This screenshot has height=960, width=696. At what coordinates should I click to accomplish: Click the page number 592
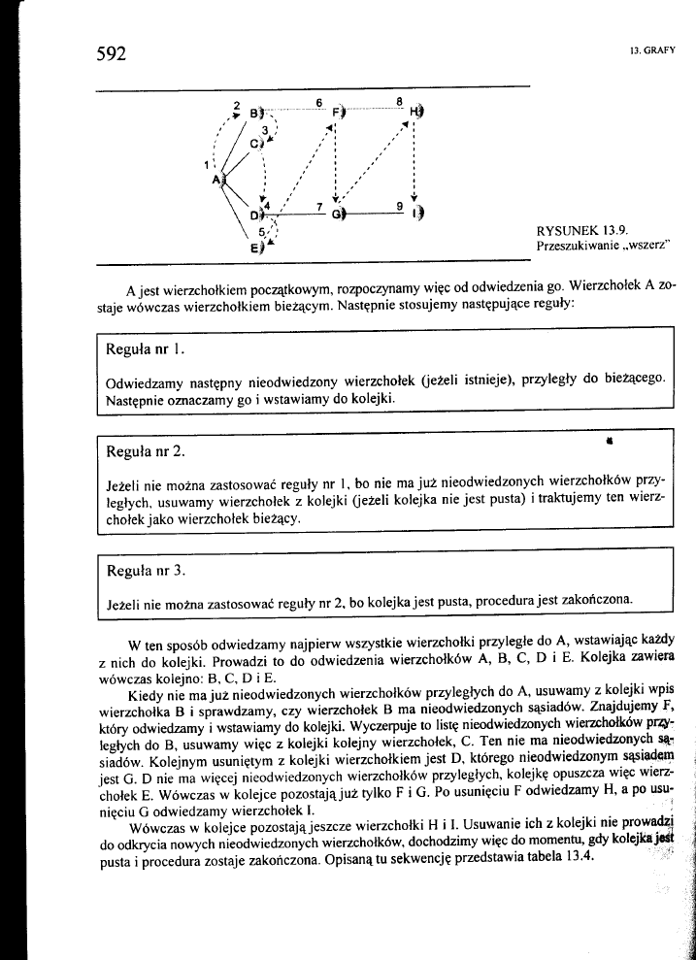pyautogui.click(x=113, y=54)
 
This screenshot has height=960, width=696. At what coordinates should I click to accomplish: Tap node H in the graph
pyautogui.click(x=414, y=111)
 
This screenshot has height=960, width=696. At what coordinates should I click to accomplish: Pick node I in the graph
pyautogui.click(x=415, y=213)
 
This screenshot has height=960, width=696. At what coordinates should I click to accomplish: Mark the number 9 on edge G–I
pyautogui.click(x=398, y=206)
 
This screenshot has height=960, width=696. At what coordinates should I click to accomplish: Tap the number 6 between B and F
pyautogui.click(x=318, y=102)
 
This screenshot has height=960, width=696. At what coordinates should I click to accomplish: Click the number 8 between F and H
pyautogui.click(x=399, y=102)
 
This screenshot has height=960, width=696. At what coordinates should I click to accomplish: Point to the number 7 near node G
pyautogui.click(x=318, y=206)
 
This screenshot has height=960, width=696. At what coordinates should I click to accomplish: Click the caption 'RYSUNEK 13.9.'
pyautogui.click(x=581, y=230)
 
